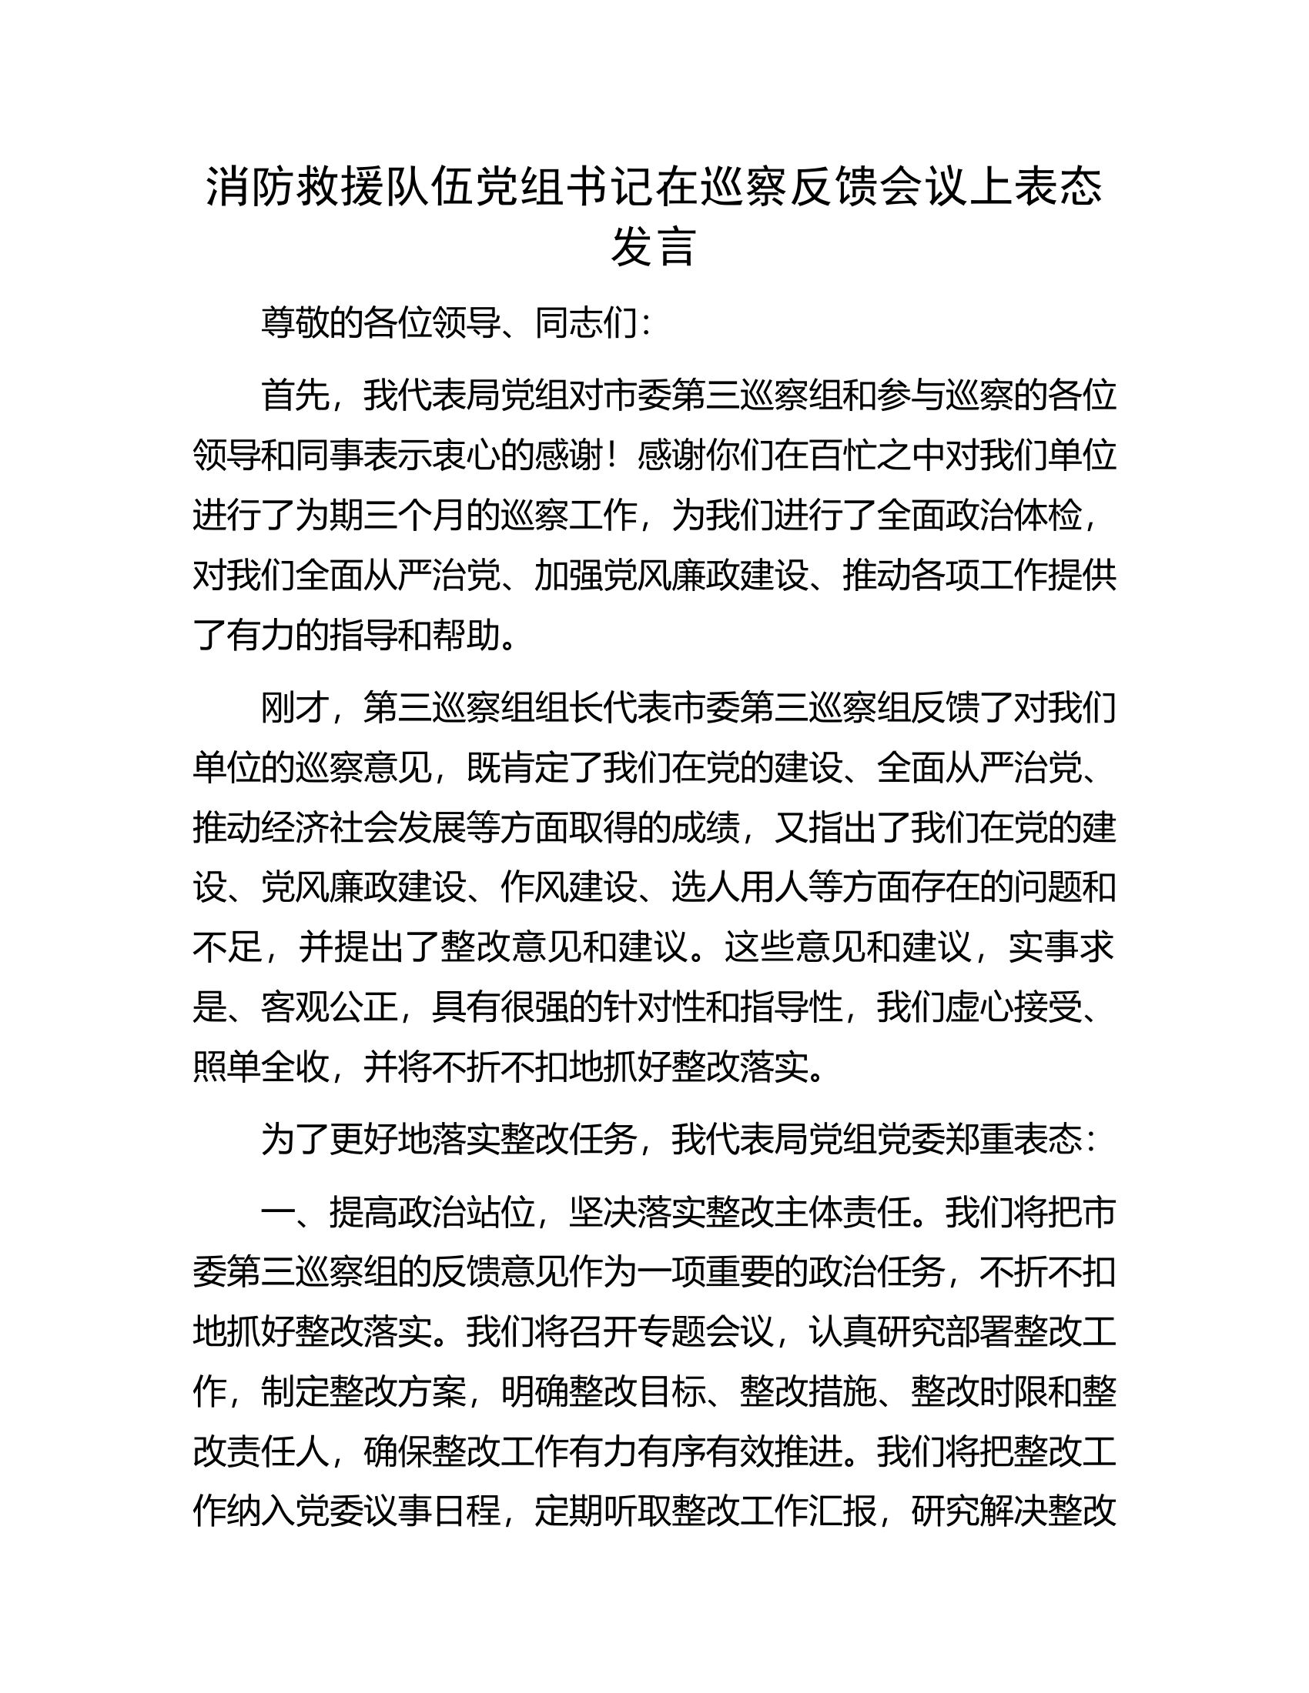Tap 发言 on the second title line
654,248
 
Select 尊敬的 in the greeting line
312,323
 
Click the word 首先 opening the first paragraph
296,396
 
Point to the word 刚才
296,709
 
